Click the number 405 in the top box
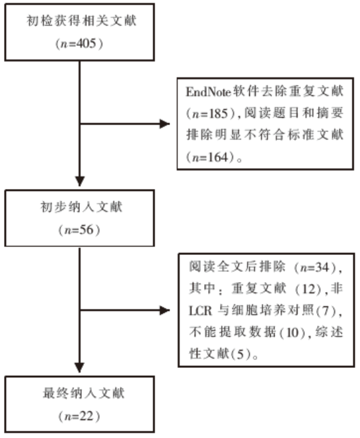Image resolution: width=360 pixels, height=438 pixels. point(86,44)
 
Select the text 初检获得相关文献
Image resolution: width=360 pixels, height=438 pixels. point(81,21)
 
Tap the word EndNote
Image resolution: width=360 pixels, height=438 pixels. point(208,92)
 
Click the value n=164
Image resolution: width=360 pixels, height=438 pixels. point(210,157)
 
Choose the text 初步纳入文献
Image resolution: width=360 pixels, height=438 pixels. point(81,207)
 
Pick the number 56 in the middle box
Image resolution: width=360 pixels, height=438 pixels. point(87,230)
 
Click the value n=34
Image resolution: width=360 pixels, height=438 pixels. point(315,268)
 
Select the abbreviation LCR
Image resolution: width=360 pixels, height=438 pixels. point(200,310)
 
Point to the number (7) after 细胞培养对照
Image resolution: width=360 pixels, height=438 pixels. point(326,310)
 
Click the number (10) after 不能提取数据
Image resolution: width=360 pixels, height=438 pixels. point(293,332)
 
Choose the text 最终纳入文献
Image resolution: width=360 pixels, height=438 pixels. point(83,393)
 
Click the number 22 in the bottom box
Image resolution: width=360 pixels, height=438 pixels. point(87,416)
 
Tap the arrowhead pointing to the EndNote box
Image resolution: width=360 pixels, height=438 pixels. point(164,124)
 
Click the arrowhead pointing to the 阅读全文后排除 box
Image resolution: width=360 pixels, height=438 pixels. point(164,310)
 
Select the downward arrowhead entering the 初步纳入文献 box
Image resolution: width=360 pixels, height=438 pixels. point(80,181)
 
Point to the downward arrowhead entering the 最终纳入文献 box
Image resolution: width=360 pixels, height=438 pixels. point(80,367)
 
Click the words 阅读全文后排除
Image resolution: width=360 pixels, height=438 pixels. point(237,267)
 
